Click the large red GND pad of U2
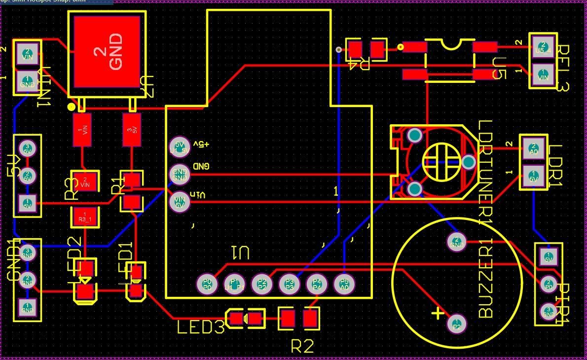[107, 51]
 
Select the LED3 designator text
[201, 327]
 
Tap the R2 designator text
[302, 346]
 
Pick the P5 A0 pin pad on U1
[344, 284]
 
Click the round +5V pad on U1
[179, 146]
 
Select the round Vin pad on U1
[179, 201]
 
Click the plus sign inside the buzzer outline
[437, 313]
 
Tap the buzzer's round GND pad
[456, 242]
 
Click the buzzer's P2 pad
[456, 324]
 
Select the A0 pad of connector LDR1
[533, 148]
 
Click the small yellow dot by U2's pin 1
[72, 107]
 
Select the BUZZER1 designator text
[486, 281]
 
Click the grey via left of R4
[338, 49]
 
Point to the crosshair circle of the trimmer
[441, 162]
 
